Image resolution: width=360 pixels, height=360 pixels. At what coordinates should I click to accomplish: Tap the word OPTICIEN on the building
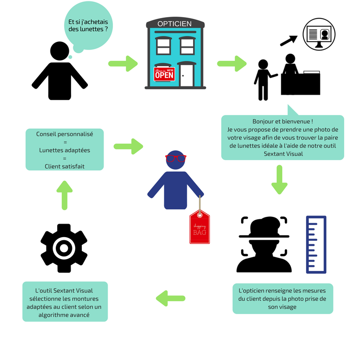175,23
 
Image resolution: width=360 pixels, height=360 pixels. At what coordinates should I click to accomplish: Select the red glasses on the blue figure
176,158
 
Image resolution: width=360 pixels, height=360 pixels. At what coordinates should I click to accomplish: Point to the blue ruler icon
316,244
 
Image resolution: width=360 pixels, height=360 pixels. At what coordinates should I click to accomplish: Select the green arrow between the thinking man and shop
123,63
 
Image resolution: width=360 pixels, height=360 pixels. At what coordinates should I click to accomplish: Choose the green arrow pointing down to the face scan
279,180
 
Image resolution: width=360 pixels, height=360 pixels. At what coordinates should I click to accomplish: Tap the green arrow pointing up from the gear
65,194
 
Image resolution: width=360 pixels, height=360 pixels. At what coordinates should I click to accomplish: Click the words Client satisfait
64,166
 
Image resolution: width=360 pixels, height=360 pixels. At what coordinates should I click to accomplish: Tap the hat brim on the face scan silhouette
263,235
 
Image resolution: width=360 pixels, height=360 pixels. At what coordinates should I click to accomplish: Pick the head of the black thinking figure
59,51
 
